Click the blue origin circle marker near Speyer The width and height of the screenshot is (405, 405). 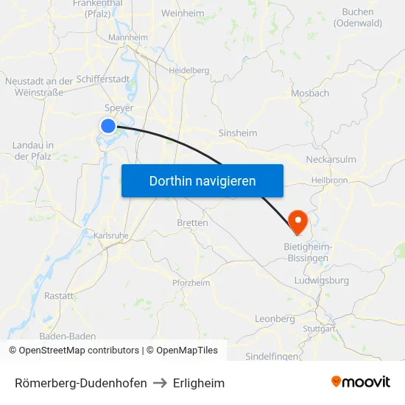(x=108, y=126)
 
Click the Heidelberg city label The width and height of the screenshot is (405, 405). (x=189, y=71)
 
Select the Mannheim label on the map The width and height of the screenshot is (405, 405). (x=128, y=38)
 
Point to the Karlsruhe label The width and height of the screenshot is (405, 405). (x=112, y=236)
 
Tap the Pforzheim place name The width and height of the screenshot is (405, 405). (x=191, y=283)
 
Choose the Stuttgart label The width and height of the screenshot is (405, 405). (x=319, y=328)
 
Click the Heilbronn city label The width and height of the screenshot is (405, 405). (x=329, y=180)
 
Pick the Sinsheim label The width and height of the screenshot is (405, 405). (x=238, y=133)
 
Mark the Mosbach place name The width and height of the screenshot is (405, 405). (x=310, y=94)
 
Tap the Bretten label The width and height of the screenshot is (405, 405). (x=192, y=222)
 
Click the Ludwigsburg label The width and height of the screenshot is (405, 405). (x=321, y=281)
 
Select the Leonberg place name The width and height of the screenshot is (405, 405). (x=275, y=319)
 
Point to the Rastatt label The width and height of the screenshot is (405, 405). (x=59, y=296)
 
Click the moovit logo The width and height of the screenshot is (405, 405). (x=361, y=382)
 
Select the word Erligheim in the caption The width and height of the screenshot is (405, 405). (x=199, y=383)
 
